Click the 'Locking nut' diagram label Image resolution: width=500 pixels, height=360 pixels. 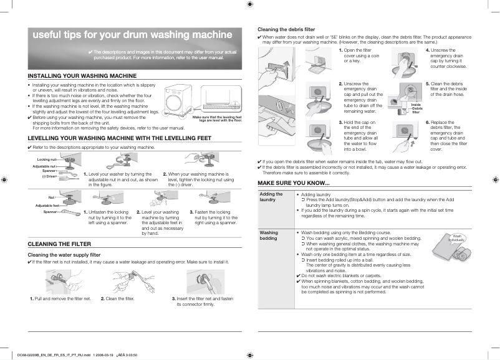[x=47, y=160]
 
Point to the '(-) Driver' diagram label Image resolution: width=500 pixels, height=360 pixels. [x=49, y=176]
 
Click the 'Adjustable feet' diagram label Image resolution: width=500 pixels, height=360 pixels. [x=47, y=205]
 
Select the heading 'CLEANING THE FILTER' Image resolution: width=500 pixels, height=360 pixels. [x=61, y=244]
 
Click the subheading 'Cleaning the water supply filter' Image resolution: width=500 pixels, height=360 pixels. [x=65, y=255]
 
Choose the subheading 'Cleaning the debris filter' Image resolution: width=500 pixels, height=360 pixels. [x=286, y=30]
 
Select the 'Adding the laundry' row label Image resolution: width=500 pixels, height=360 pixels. [x=271, y=197]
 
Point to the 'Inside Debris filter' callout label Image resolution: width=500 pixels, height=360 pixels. [x=416, y=108]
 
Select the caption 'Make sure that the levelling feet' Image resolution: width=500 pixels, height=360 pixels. [x=217, y=118]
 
